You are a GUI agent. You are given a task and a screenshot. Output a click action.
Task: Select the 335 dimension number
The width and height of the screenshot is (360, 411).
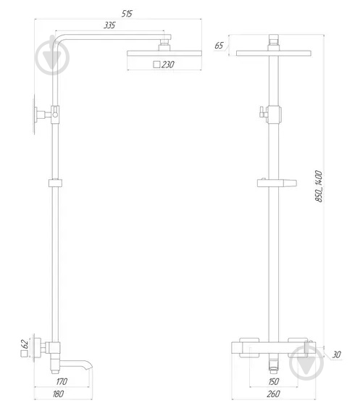tap(109, 26)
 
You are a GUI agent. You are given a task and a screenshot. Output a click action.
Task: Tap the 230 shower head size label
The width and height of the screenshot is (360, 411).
tap(168, 65)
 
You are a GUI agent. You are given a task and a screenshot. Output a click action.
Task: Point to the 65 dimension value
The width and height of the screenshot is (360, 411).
tap(219, 45)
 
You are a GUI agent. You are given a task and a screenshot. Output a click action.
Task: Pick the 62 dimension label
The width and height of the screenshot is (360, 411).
tap(25, 343)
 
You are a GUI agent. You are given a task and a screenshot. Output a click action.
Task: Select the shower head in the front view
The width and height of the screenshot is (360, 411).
tap(273, 53)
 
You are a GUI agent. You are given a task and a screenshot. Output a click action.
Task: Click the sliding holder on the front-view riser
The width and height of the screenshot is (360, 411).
tap(275, 183)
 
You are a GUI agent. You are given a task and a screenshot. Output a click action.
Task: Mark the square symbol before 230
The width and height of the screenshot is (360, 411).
tap(156, 65)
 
